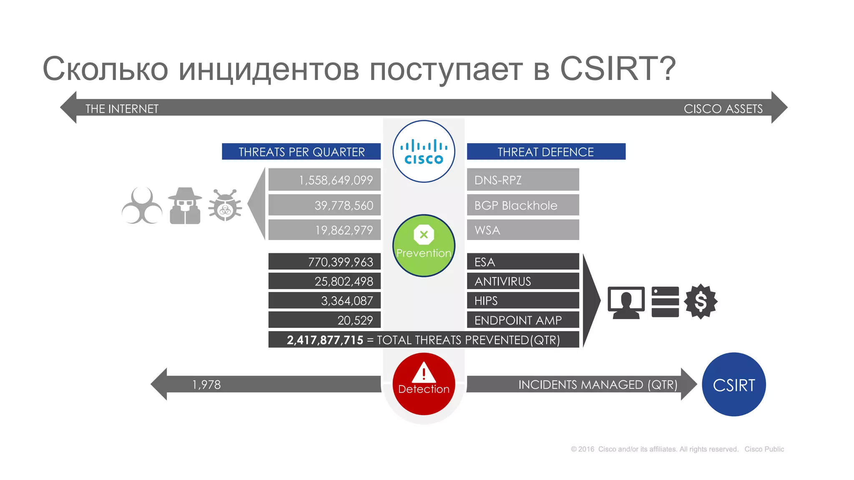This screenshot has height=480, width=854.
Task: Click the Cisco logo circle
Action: pos(424,151)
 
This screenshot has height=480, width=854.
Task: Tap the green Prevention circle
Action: pos(424,245)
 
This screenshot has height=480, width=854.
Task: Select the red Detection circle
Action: pos(424,384)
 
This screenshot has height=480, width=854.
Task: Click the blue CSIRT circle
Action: pos(734,384)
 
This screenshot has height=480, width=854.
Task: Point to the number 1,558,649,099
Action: pos(336,180)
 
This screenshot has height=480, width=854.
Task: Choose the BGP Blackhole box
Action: pos(522,205)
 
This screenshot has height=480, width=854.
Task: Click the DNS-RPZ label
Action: pos(498,180)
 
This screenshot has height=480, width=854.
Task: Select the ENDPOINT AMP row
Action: pos(522,320)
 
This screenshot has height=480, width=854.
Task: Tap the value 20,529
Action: pos(355,320)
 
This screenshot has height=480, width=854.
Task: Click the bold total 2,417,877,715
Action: pos(325,340)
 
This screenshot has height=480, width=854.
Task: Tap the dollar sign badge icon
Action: pos(701,301)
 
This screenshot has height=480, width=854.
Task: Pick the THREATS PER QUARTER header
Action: pos(301,152)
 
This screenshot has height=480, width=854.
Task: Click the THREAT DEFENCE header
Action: pos(545,152)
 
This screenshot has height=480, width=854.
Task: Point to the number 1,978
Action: pos(206,384)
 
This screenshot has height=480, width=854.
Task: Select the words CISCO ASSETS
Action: pos(723,109)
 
